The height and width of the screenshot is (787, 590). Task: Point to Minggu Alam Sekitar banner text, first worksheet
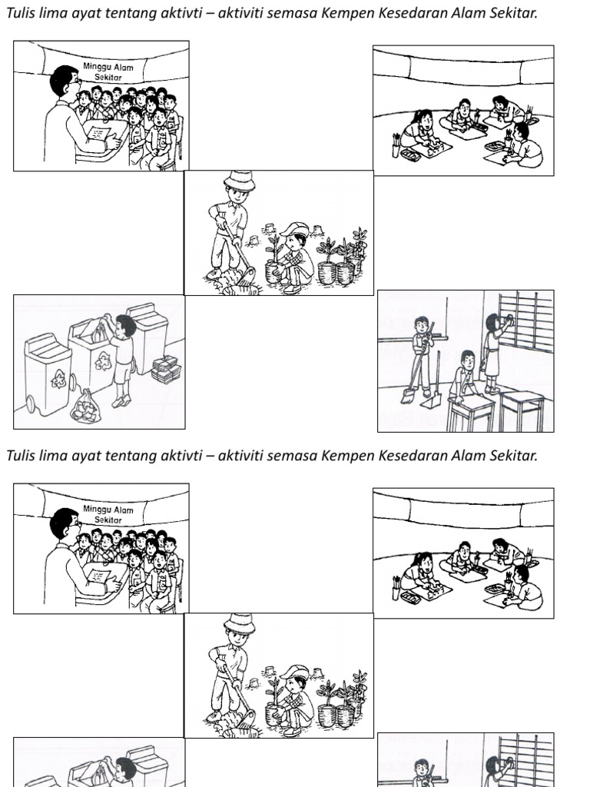(108, 71)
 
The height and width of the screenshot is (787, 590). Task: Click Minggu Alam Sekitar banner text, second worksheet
(108, 514)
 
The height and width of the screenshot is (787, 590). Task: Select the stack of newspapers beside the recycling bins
(166, 369)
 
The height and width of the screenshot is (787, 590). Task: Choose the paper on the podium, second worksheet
(99, 576)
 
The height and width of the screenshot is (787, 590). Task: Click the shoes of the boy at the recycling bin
(121, 401)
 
